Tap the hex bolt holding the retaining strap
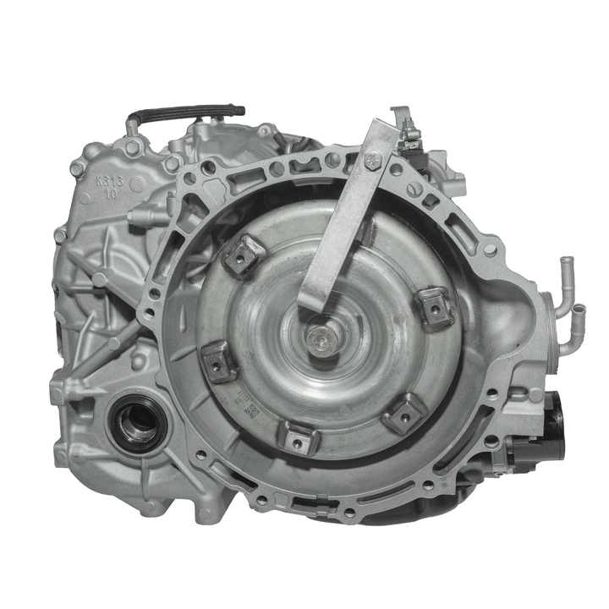[x=373, y=158]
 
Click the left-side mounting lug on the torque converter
[x=219, y=361]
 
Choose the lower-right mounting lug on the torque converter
[x=404, y=414]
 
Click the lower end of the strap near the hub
[x=311, y=302]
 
